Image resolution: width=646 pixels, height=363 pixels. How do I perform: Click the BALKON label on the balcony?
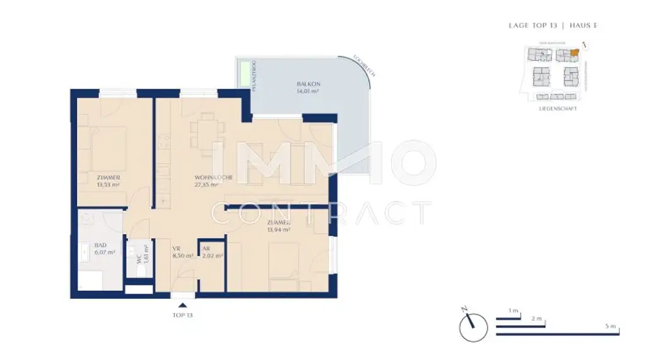(307, 84)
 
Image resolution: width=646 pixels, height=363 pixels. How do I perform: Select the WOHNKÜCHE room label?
(213, 178)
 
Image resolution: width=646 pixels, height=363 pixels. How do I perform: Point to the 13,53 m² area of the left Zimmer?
(109, 185)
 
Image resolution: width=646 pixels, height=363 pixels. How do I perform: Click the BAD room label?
(100, 245)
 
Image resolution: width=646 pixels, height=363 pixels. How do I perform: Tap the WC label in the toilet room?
(139, 258)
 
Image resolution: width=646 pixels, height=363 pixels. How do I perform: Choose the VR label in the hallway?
(177, 249)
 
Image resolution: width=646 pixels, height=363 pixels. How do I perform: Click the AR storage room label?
(206, 249)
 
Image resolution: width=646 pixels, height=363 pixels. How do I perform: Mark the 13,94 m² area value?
(278, 231)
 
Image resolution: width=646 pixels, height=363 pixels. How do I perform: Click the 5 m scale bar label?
(609, 326)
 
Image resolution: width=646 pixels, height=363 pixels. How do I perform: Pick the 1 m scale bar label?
(514, 311)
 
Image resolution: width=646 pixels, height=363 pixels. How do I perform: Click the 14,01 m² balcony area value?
(307, 91)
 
